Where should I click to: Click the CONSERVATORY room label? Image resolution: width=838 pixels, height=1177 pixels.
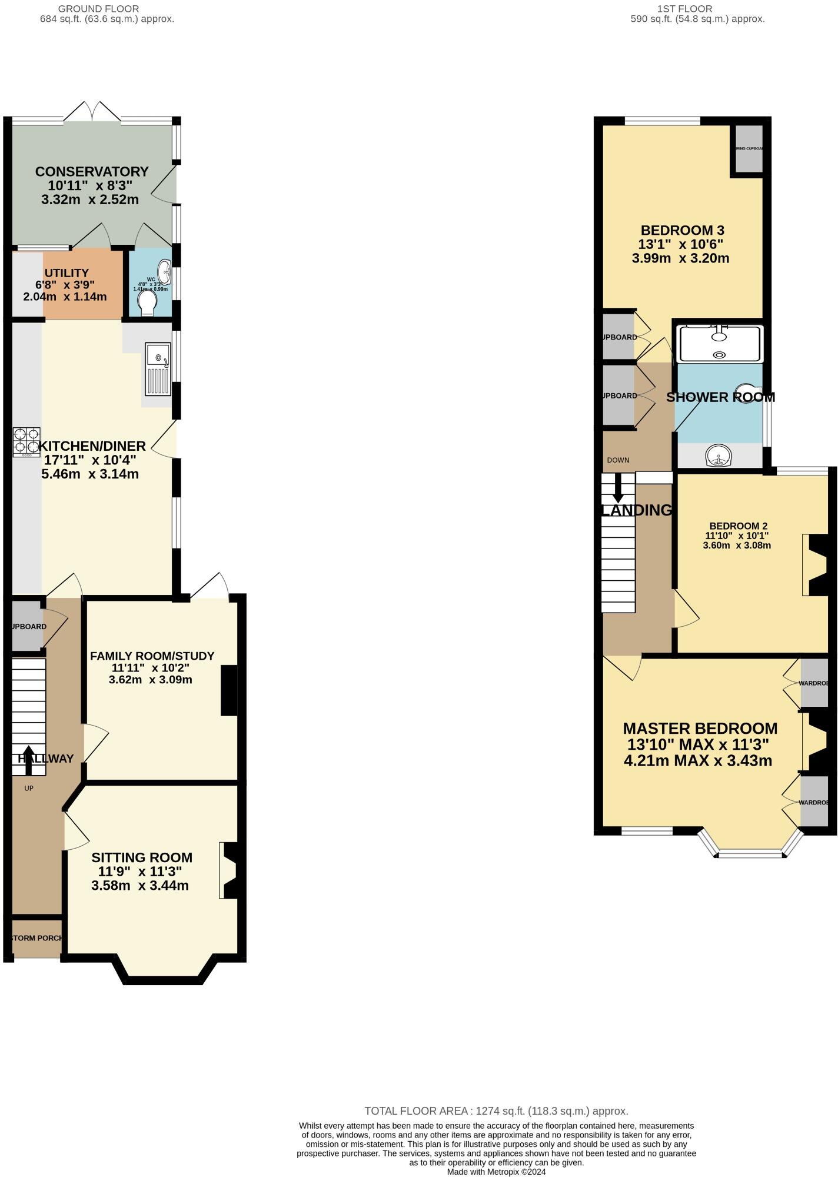[x=91, y=172]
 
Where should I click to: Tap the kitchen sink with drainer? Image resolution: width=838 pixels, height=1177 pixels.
[x=158, y=370]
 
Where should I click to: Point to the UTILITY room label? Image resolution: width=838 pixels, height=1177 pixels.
[x=66, y=273]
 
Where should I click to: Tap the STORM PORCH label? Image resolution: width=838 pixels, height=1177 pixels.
[x=36, y=938]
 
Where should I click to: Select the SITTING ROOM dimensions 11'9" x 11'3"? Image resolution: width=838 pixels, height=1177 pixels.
[x=140, y=872]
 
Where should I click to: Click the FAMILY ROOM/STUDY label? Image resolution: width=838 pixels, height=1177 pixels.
[x=152, y=656]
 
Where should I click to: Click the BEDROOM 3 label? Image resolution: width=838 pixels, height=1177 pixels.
[x=682, y=230]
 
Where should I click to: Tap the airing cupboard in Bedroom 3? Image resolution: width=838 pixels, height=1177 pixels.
[x=747, y=149]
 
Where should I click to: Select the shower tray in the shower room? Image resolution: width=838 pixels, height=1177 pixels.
[x=719, y=344]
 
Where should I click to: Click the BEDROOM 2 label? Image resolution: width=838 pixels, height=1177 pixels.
[x=738, y=526]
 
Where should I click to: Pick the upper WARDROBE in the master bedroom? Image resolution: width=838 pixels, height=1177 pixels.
[x=814, y=684]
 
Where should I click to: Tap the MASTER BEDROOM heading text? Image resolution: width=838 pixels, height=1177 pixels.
[x=700, y=729]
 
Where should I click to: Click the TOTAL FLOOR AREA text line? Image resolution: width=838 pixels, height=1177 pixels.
[x=496, y=1111]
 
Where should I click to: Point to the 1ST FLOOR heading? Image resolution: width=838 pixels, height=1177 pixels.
[x=684, y=9]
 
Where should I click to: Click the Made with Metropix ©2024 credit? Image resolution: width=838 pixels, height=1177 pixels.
[x=496, y=1172]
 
